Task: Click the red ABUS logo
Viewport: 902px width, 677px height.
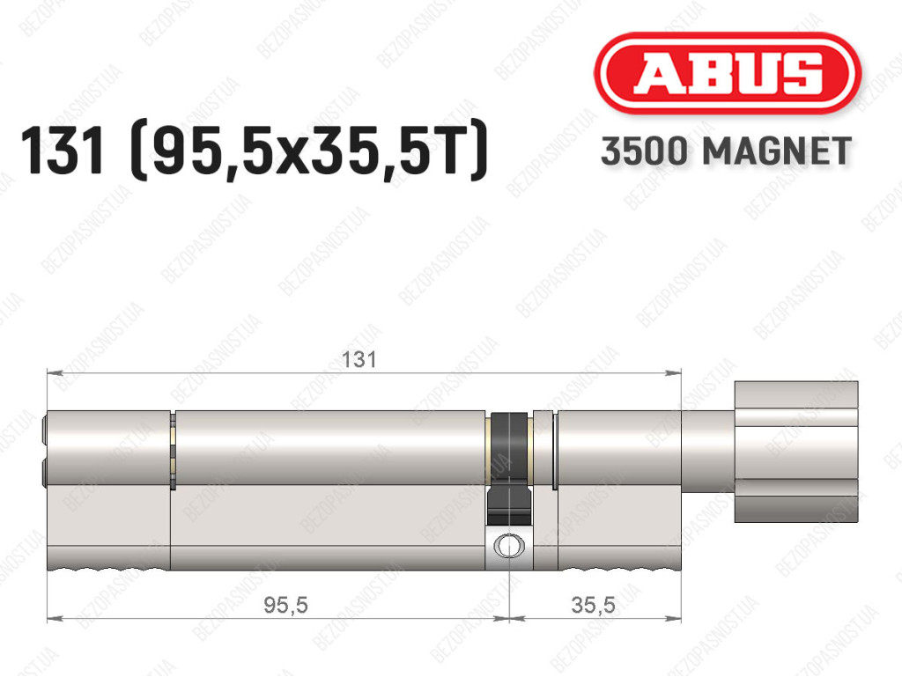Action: click(x=727, y=73)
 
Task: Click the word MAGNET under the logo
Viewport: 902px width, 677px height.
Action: click(x=777, y=151)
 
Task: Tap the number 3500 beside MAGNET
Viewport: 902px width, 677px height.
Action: click(x=644, y=151)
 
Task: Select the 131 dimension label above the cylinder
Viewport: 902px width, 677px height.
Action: click(x=359, y=360)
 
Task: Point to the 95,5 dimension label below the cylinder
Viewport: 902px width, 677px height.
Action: click(x=286, y=605)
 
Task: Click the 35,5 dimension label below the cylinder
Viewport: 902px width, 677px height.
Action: click(x=594, y=605)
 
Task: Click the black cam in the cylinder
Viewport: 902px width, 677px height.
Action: click(x=509, y=468)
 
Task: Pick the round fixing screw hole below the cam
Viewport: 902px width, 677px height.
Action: click(x=509, y=546)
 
